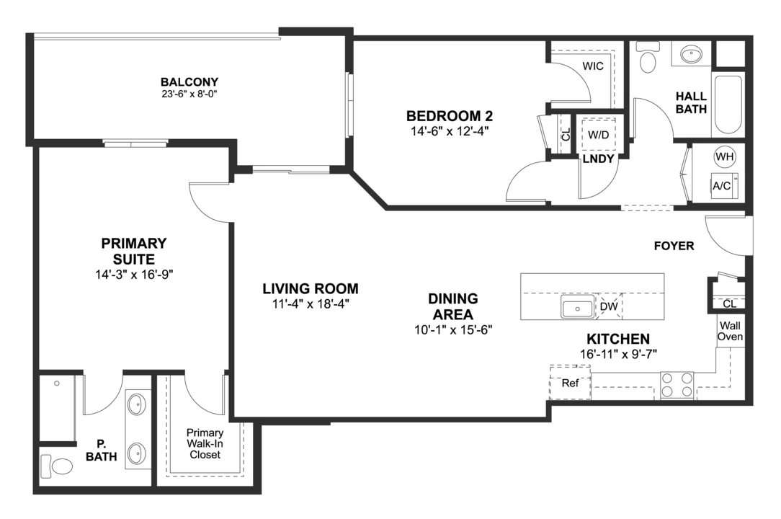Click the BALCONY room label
pos(189,81)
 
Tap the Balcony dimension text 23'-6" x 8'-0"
pos(189,94)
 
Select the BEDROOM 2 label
pos(450,116)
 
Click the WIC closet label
pos(593,66)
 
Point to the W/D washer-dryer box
pos(598,135)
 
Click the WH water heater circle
pos(724,156)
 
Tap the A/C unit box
pos(723,185)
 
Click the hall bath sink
pos(691,54)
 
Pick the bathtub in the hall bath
pos(728,105)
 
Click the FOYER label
pos(674,246)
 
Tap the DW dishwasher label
pos(609,306)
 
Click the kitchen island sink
pos(577,306)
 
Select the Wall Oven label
pos(730,331)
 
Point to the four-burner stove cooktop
pos(677,386)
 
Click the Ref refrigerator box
pos(570,383)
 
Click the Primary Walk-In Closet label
pos(205,444)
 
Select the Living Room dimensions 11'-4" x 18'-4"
pos(311,304)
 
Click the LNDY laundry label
pos(598,159)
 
